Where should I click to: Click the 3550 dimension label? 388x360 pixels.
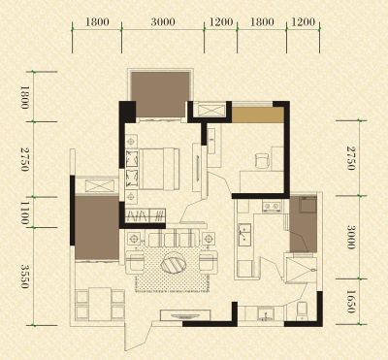pos(25,276)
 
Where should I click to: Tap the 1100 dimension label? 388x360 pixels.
pos(25,213)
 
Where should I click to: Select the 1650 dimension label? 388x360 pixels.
pos(351,302)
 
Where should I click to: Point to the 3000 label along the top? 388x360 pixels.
pos(163,22)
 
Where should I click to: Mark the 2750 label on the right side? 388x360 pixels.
pos(351,158)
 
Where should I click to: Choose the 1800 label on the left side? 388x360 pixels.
pos(25,97)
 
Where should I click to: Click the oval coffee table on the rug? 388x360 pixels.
pos(174,263)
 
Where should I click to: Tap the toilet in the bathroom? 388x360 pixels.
pos(302,311)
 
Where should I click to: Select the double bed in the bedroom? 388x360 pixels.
pos(159,169)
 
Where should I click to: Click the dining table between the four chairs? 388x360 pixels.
pos(100,304)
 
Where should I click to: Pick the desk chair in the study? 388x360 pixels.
pos(263,161)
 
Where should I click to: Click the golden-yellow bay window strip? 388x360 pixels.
pos(258,115)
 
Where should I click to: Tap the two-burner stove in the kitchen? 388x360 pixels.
pos(272,206)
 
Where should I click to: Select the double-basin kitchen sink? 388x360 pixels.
pos(244,233)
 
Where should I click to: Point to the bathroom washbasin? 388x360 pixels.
pos(266,313)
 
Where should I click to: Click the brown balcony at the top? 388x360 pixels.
pos(160,94)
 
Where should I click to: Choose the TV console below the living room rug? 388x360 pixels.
pos(185,314)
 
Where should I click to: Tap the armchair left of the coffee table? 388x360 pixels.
pos(135,262)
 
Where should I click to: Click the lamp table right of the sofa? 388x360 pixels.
pos(209,239)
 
